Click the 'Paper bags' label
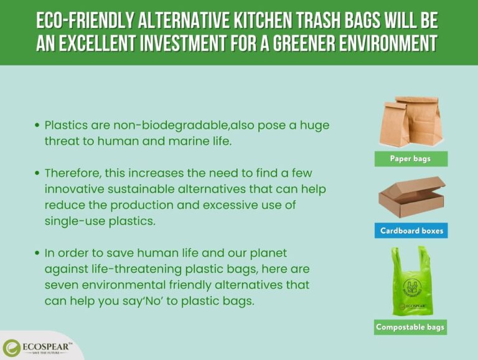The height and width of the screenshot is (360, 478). tap(410, 159)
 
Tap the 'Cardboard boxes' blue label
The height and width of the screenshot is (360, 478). tap(411, 231)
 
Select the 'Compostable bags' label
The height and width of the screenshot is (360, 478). tap(411, 326)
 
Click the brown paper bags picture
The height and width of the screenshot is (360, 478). tap(411, 121)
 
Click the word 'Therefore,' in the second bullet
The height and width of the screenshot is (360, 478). tap(75, 172)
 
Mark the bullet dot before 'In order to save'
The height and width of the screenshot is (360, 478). tap(37, 253)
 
